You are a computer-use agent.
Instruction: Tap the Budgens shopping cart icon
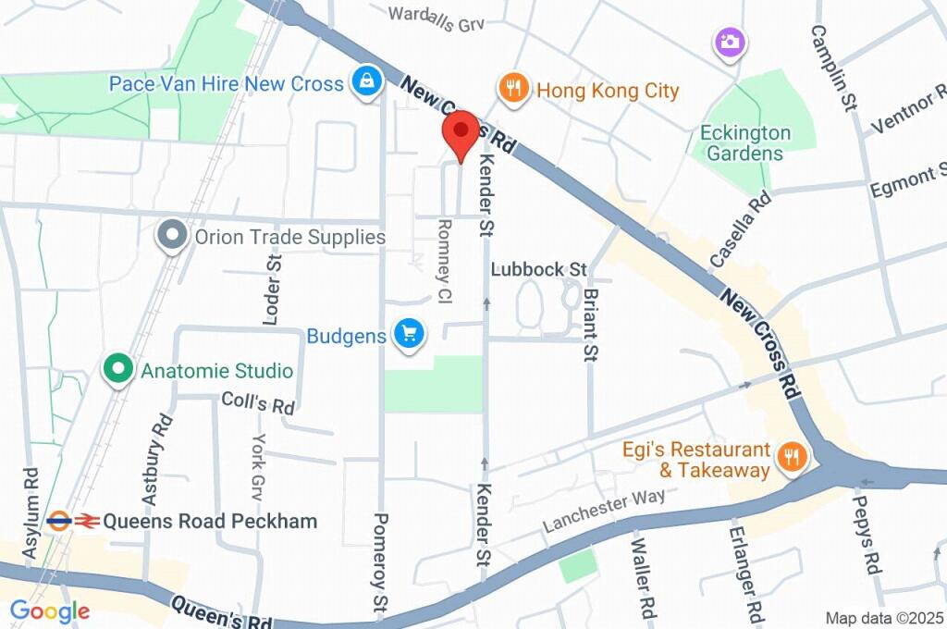coord(408,335)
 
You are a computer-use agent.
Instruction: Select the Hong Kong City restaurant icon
coord(511,90)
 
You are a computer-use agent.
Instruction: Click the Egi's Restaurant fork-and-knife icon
coord(791,456)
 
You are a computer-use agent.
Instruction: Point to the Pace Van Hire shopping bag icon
coord(365,83)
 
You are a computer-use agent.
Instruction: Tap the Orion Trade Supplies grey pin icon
coord(172,236)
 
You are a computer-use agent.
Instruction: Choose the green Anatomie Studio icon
coord(117,370)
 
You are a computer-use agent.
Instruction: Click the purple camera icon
coord(730,41)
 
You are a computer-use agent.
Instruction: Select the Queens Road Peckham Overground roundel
coord(60,521)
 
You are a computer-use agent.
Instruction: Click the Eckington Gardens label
coord(745,142)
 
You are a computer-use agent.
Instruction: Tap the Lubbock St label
coord(539,269)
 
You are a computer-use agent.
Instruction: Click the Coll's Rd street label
coord(258,403)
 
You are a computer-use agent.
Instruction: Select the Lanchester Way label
coord(604,510)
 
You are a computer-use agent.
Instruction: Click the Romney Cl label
coord(445,250)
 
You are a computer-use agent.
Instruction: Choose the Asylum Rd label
coord(31,513)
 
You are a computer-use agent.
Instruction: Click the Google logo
coord(49,610)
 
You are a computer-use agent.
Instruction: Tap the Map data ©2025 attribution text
coord(883,618)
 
